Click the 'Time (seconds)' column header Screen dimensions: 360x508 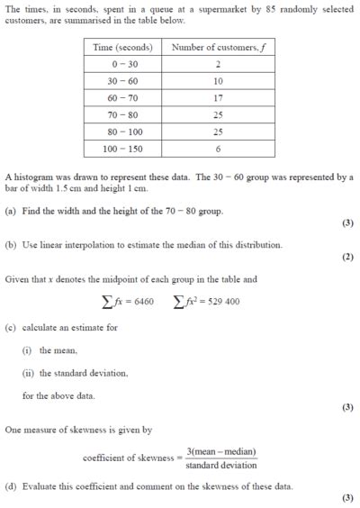pos(121,47)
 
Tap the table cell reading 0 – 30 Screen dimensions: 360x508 pos(121,64)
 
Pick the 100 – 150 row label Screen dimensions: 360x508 pos(121,149)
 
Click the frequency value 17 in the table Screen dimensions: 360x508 pos(218,97)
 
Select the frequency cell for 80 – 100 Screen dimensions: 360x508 pos(218,132)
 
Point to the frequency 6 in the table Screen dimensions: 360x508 pos(218,149)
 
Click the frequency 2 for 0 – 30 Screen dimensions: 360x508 pos(218,64)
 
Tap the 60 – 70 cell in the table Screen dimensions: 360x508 pos(121,97)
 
